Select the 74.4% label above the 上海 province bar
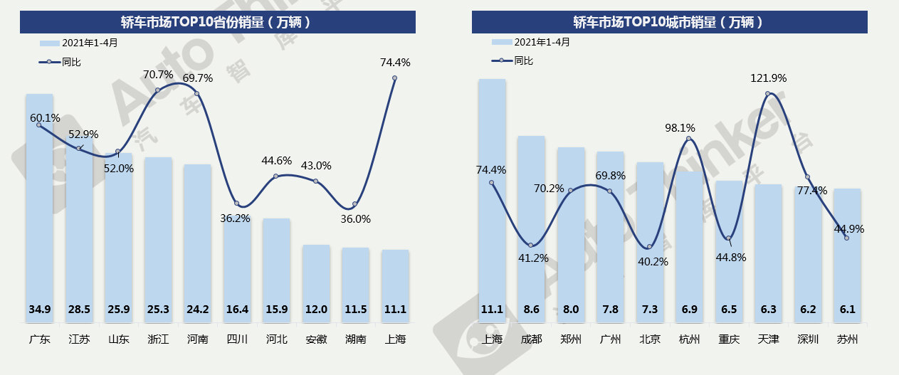tap(395, 63)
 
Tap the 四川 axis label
tap(237, 339)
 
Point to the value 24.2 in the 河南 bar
tap(198, 310)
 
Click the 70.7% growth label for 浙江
tap(158, 74)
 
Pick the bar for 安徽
tap(316, 285)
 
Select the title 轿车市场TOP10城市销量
tap(669, 22)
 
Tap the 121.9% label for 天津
tap(768, 78)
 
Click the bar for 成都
tap(531, 228)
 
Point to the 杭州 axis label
tap(689, 339)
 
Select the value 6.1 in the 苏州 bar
tap(847, 310)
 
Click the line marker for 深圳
tap(808, 177)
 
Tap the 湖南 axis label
tap(355, 339)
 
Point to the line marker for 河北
tap(276, 176)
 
